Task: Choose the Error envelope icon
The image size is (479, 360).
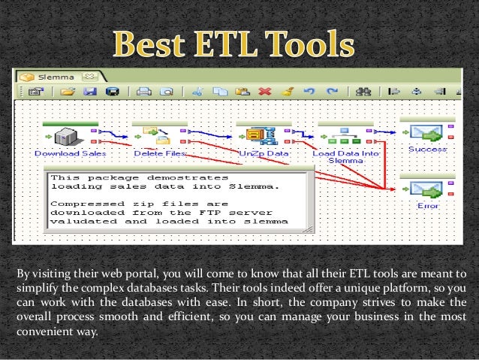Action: click(426, 189)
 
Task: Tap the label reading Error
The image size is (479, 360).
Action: click(428, 204)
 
